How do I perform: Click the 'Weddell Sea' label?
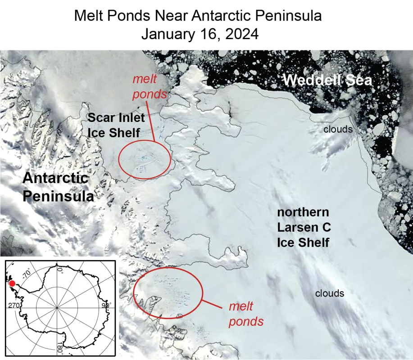[x=327, y=81]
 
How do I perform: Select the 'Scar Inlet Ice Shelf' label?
[x=116, y=126]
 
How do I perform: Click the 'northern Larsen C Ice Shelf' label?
[x=303, y=227]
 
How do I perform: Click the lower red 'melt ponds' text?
[x=246, y=314]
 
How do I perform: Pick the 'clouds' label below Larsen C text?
[x=329, y=293]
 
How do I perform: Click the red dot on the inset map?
[x=12, y=283]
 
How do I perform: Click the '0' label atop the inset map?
[x=59, y=270]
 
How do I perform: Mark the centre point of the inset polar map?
[x=57, y=308]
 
